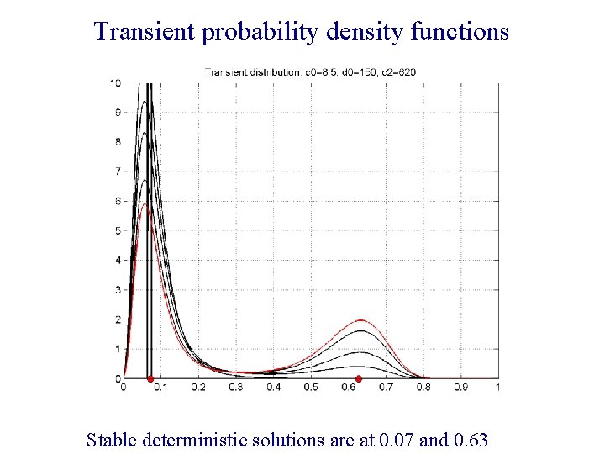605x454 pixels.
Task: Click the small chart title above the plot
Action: [x=310, y=71]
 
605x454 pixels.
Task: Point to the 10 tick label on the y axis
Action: [x=115, y=82]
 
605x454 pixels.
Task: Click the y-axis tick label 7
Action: [x=118, y=172]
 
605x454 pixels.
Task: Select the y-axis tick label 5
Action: [x=118, y=230]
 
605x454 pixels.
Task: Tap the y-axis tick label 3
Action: [x=118, y=290]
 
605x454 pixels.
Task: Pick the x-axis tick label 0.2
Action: [x=198, y=388]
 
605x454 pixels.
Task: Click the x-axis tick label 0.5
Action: [x=311, y=388]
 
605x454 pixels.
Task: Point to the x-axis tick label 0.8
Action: [x=423, y=388]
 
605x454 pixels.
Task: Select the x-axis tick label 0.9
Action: [x=460, y=388]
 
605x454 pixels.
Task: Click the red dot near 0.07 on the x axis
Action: [x=150, y=379]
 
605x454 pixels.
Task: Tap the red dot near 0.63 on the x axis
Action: [x=359, y=379]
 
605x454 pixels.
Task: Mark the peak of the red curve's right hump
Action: [x=361, y=319]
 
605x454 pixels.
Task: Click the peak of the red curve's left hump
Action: [x=146, y=204]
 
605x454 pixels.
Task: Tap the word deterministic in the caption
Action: [x=191, y=439]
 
